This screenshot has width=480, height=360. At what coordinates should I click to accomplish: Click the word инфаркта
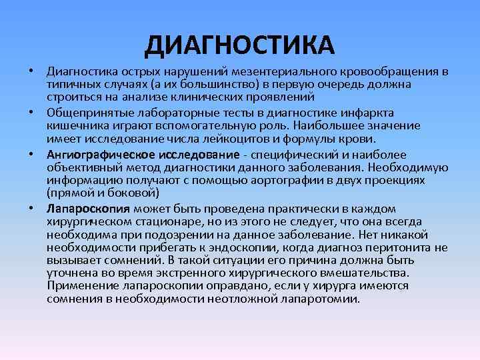(372, 111)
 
